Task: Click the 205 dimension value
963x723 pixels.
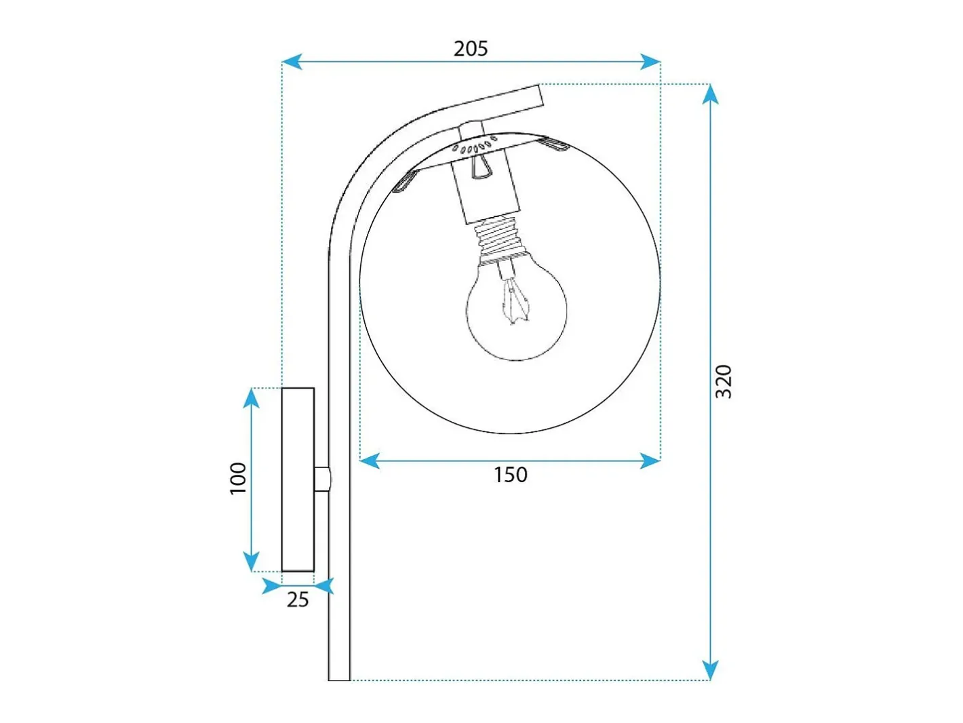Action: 471,49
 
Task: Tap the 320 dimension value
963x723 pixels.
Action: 724,381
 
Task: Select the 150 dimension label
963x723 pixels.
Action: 510,475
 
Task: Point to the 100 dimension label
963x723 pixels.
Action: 238,478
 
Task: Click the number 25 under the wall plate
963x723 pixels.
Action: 298,600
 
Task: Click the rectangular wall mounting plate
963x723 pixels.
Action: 298,480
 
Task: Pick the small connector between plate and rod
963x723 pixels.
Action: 322,479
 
